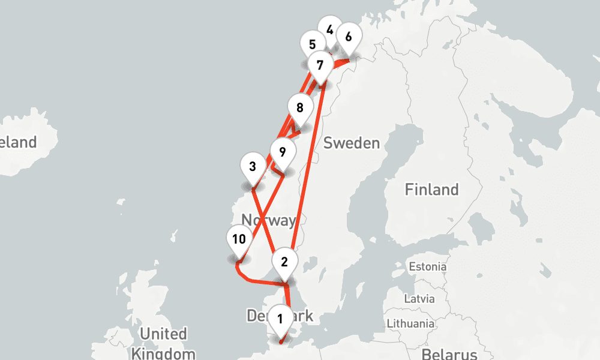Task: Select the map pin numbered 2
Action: (x=284, y=262)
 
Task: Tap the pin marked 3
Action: (x=253, y=167)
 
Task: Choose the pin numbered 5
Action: (x=312, y=44)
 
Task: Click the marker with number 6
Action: (x=348, y=37)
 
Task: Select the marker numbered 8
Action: (x=300, y=109)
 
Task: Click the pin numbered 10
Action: (x=239, y=240)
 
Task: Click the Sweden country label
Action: (x=352, y=143)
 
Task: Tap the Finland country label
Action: (x=431, y=190)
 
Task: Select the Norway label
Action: (x=268, y=220)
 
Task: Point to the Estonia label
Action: (x=427, y=266)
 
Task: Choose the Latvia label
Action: (x=420, y=298)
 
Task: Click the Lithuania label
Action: (x=410, y=323)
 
